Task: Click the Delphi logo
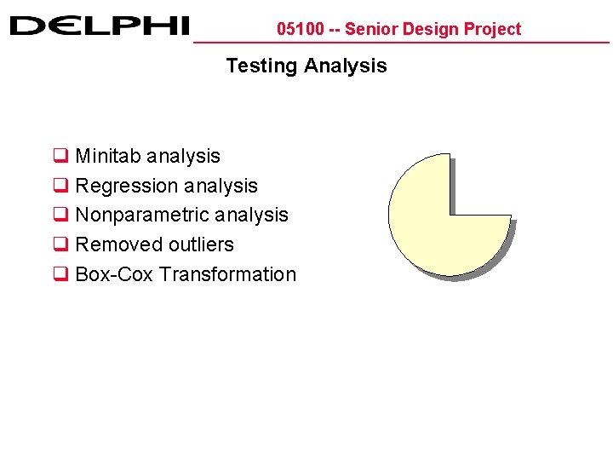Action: click(99, 26)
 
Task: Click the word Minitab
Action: click(108, 156)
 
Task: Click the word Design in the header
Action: click(428, 29)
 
